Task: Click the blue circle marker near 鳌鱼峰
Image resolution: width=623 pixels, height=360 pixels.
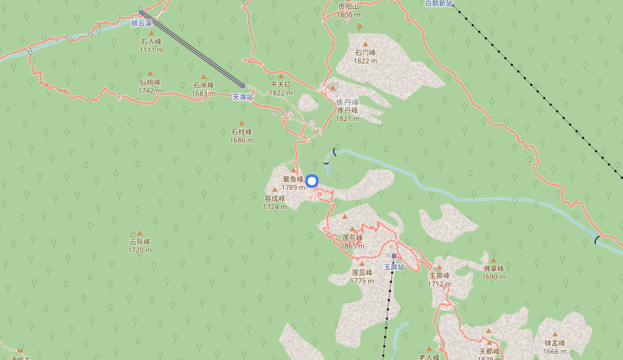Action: (311, 181)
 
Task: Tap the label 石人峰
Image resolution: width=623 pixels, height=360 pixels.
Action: (150, 42)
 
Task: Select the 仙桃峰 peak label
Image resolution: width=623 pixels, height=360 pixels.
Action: (150, 82)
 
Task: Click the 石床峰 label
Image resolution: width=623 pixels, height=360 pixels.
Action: (203, 85)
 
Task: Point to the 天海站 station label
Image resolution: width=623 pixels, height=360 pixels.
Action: (242, 97)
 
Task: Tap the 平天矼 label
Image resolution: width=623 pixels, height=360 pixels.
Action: (281, 84)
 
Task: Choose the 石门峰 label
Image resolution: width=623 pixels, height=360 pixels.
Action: (365, 53)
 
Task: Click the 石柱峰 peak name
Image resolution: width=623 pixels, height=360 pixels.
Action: (242, 132)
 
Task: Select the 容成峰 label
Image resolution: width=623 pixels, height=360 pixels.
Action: (275, 198)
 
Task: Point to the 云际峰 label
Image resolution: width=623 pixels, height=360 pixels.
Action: (140, 242)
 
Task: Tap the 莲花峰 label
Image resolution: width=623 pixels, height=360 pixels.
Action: (352, 237)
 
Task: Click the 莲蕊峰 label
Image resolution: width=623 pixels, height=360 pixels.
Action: (362, 272)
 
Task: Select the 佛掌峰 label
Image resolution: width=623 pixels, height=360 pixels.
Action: (494, 269)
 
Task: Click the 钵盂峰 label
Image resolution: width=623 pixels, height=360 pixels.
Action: (554, 343)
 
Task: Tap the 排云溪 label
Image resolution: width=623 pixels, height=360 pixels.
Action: (141, 23)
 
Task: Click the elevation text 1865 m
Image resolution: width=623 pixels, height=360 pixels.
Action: (352, 246)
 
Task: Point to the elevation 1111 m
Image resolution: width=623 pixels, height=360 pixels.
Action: (150, 50)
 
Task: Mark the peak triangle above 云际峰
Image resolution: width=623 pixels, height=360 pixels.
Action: (140, 233)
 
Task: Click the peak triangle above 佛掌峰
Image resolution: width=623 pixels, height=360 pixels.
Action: (494, 260)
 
